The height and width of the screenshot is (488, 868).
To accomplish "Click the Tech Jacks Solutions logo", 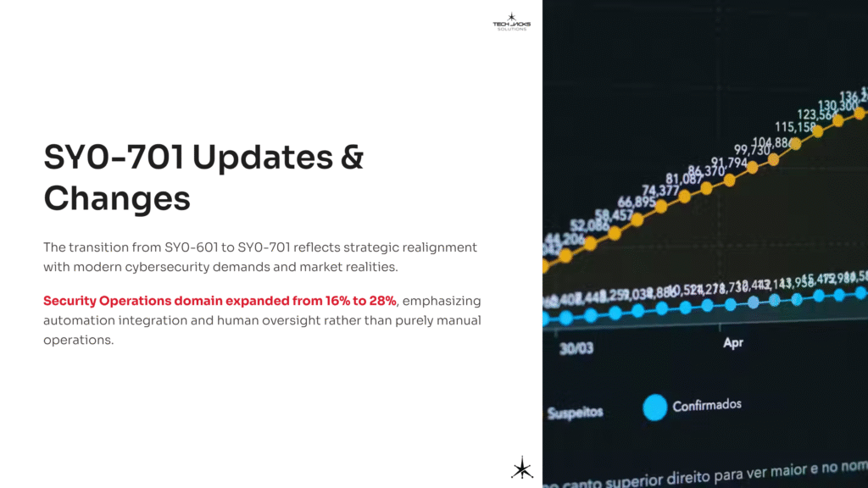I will (510, 21).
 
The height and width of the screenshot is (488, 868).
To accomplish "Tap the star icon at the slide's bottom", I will (521, 468).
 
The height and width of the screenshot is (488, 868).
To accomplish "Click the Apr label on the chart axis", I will (733, 343).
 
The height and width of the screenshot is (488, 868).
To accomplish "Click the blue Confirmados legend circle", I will (654, 408).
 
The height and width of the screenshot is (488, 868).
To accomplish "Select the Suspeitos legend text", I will (575, 413).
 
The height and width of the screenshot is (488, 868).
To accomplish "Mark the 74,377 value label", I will (659, 190).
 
